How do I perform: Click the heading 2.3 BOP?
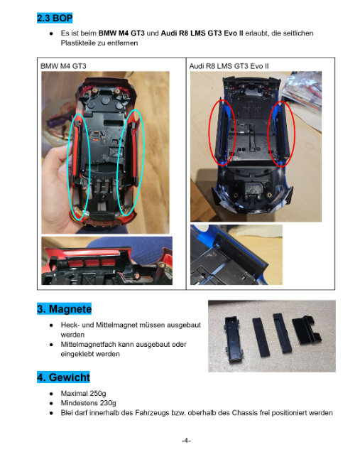tap(55, 18)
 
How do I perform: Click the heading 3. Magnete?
tap(64, 308)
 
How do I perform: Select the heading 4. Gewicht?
tap(63, 377)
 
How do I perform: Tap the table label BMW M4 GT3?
tap(63, 66)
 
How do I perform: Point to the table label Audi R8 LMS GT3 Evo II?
tap(229, 66)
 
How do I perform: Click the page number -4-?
tap(186, 441)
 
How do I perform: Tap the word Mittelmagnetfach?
tap(86, 345)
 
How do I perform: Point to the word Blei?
tap(67, 413)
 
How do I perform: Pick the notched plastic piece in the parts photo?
tap(306, 330)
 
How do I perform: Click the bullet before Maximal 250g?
tap(51, 394)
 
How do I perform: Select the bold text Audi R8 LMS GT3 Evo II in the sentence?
tap(202, 33)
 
